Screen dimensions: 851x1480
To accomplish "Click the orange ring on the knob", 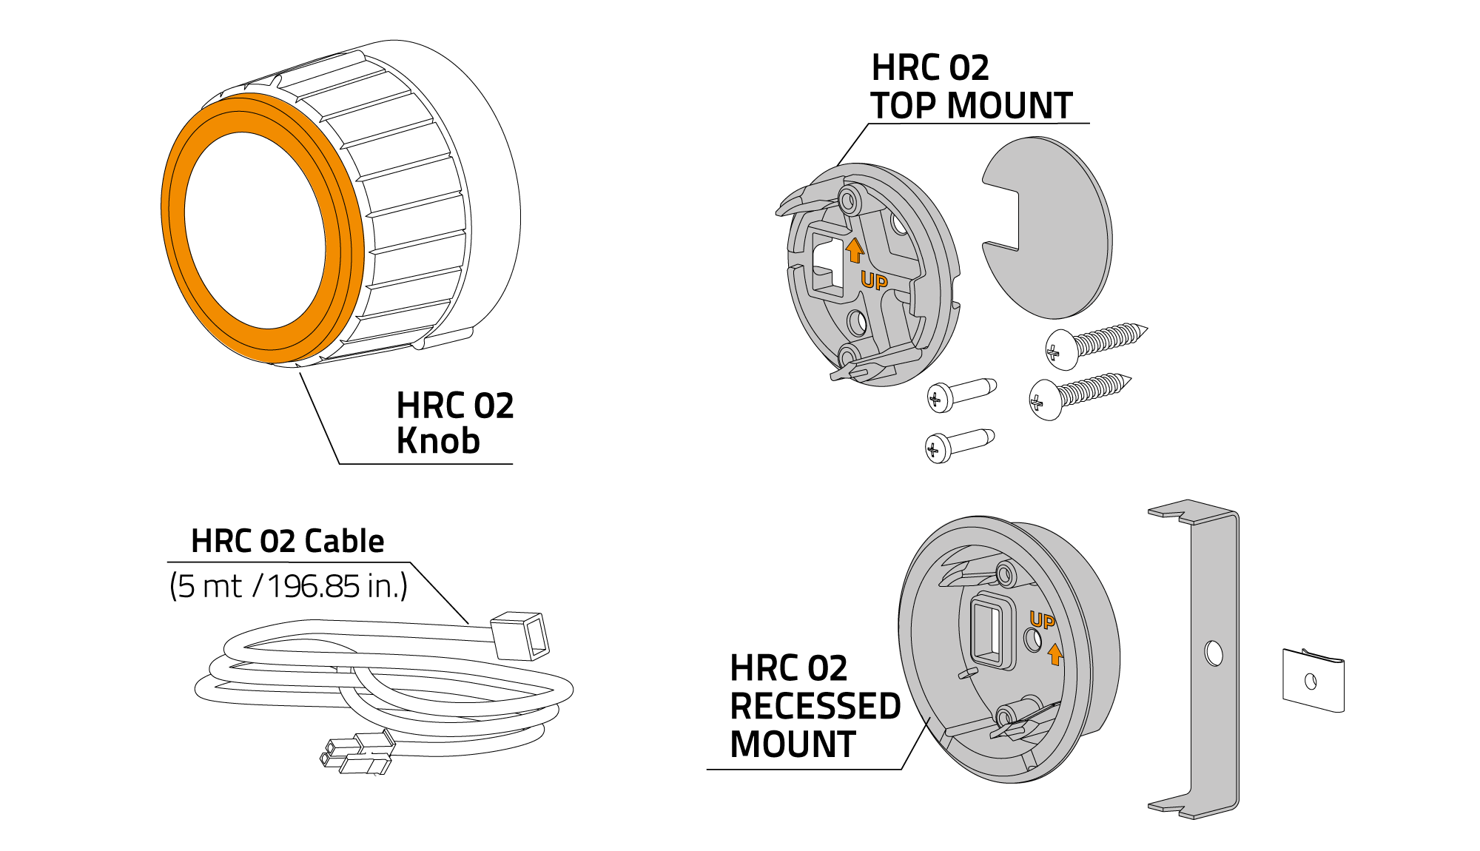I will (175, 222).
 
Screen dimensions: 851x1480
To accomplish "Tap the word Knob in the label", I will (438, 441).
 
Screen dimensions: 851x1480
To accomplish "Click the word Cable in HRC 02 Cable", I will (344, 542).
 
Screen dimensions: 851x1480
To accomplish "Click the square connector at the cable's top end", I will (521, 635).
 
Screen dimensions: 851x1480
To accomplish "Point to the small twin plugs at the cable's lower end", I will (357, 753).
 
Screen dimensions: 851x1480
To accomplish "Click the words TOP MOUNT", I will (971, 105).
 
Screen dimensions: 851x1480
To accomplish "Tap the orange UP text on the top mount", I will (874, 281).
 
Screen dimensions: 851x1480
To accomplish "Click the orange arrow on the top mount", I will (855, 250).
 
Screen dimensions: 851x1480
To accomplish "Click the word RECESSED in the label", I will (815, 706).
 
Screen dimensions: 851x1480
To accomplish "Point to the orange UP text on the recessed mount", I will (1042, 620).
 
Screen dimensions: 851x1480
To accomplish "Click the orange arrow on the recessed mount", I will (1055, 653).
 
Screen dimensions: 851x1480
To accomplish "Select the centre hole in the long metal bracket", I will (1214, 653).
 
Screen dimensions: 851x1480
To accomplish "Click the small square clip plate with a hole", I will (1313, 681).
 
